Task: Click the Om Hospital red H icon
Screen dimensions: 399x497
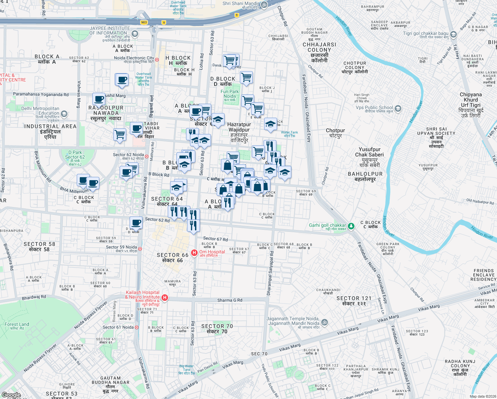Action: tap(194, 253)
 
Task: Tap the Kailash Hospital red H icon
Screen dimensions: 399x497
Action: tap(164, 298)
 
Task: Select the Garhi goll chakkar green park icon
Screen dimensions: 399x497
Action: tap(351, 226)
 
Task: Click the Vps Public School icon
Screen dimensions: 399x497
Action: tap(398, 108)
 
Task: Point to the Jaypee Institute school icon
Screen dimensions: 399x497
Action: tap(135, 34)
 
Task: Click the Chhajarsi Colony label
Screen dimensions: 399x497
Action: tap(319, 52)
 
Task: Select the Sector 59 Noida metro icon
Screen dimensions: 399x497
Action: tap(140, 249)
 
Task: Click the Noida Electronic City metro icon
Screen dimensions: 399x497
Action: tap(157, 60)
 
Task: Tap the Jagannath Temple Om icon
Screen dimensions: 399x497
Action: tap(325, 322)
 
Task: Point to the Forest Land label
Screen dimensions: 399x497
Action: tap(17, 326)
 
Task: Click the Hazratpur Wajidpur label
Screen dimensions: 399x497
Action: tap(239, 132)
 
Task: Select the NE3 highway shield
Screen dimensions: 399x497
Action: tap(144, 23)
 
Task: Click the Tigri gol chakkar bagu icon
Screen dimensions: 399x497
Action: tap(453, 34)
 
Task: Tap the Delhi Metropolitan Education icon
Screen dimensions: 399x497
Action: tap(64, 114)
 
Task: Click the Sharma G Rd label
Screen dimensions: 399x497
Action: tap(230, 300)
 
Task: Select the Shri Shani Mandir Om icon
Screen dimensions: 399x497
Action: tap(264, 4)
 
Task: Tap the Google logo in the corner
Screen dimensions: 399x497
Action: tap(11, 395)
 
